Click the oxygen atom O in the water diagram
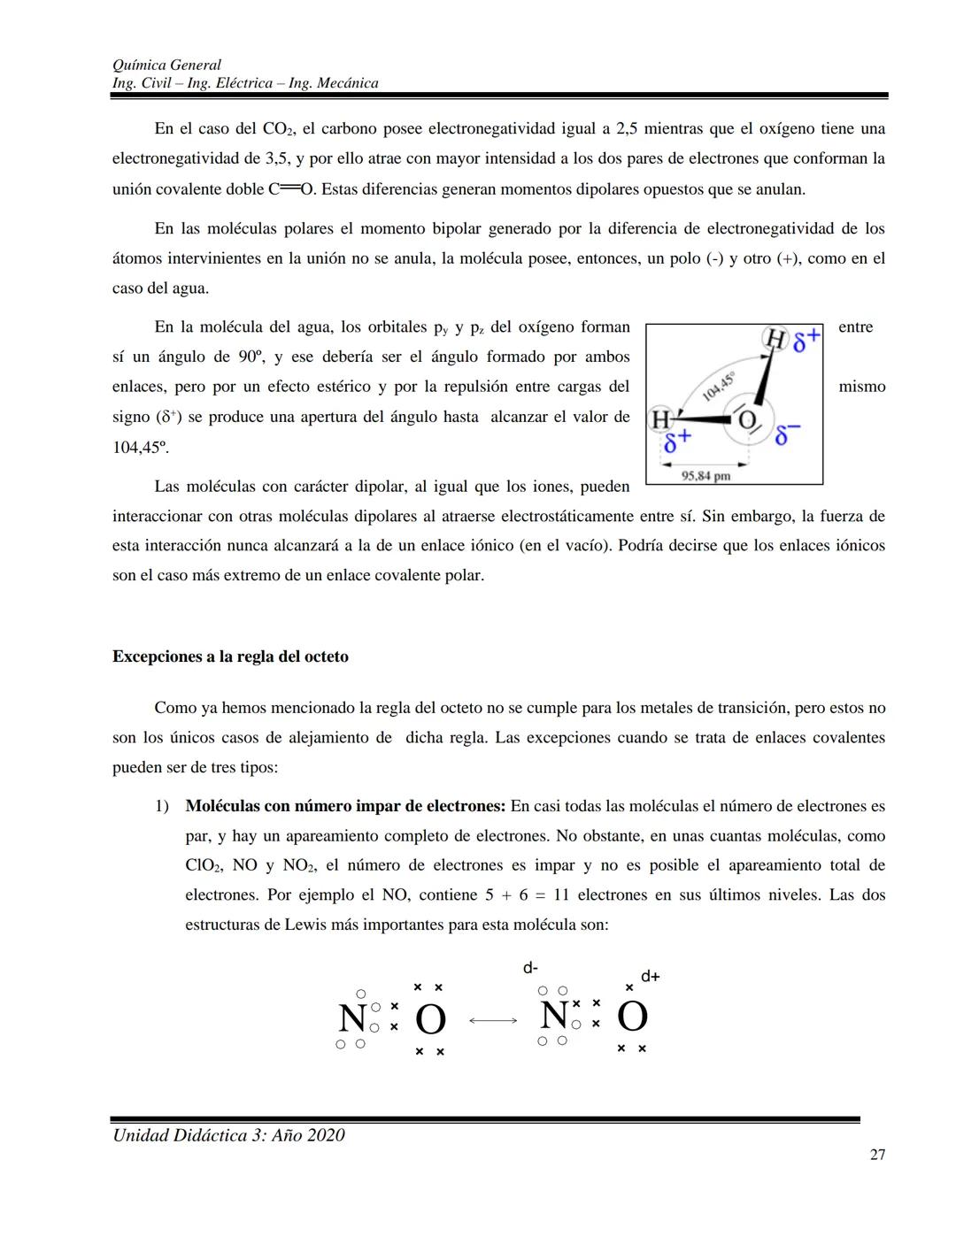[x=747, y=420]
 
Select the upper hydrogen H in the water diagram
[x=775, y=339]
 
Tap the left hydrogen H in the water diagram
[x=660, y=419]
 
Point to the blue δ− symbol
[x=787, y=434]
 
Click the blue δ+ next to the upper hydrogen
[x=806, y=342]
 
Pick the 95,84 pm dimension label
[x=705, y=476]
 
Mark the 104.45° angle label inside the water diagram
[x=718, y=387]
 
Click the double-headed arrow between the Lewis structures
[x=493, y=1021]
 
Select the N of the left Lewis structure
[x=351, y=1019]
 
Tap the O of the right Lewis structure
[x=632, y=1017]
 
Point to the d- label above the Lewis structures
[x=530, y=968]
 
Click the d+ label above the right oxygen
[x=651, y=976]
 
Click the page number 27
[x=877, y=1154]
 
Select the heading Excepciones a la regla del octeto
[x=230, y=656]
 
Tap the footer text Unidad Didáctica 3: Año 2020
[x=228, y=1135]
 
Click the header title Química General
[x=166, y=65]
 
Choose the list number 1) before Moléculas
[x=161, y=806]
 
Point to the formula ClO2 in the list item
[x=204, y=866]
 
